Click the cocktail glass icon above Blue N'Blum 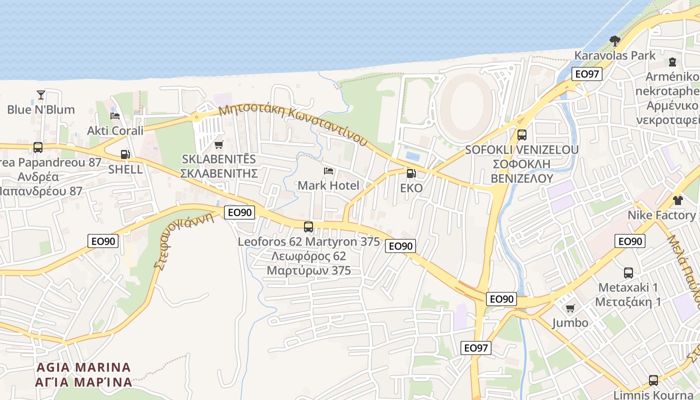click(x=40, y=94)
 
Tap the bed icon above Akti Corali click(x=115, y=116)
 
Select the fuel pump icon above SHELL click(x=125, y=154)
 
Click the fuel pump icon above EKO click(x=411, y=173)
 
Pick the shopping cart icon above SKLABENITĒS click(x=218, y=145)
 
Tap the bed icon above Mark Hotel click(x=328, y=171)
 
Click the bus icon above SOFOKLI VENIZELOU click(x=521, y=134)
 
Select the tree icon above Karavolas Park click(x=615, y=40)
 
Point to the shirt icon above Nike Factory click(x=677, y=200)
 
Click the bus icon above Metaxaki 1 click(x=628, y=273)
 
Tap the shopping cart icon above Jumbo click(x=570, y=308)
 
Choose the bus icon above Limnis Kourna click(x=653, y=380)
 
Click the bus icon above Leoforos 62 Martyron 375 click(x=308, y=227)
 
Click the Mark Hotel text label click(x=328, y=185)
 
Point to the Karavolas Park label click(x=614, y=55)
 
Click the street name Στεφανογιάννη click(x=184, y=241)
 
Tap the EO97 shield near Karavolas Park click(x=586, y=74)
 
